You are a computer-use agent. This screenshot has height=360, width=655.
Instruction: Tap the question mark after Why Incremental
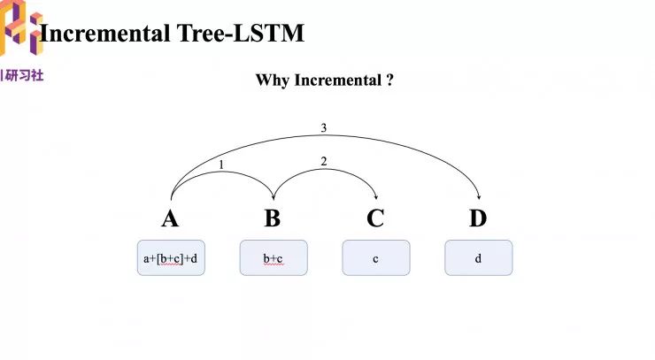(x=389, y=80)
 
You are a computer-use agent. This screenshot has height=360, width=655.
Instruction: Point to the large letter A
(x=170, y=218)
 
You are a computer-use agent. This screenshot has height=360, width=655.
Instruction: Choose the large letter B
(x=273, y=218)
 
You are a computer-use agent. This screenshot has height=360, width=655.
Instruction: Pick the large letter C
(x=375, y=218)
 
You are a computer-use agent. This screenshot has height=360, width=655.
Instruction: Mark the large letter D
(x=478, y=218)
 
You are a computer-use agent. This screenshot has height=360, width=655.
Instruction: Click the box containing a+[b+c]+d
(x=171, y=258)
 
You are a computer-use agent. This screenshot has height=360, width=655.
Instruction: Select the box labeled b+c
(x=274, y=258)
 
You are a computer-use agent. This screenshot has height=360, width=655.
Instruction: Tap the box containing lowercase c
(x=376, y=258)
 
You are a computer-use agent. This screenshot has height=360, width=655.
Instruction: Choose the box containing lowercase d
(x=478, y=258)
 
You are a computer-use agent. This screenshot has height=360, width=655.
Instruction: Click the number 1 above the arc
(x=220, y=164)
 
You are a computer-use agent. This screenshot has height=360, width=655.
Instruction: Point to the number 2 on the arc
(x=324, y=161)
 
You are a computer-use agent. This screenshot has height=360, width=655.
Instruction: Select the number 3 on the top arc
(x=324, y=128)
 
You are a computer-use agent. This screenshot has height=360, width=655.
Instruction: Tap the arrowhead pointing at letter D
(x=479, y=197)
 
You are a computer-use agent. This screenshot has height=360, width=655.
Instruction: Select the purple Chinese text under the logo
(x=24, y=75)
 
